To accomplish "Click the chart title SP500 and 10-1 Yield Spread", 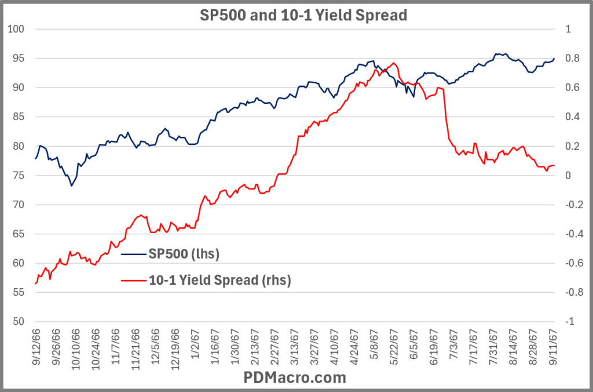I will [296, 14].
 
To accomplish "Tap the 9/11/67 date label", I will [552, 345].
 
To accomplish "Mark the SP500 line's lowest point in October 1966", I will [72, 186].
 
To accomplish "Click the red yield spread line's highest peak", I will [394, 63].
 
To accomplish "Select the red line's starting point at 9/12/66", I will [35, 284].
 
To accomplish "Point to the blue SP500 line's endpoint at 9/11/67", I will [554, 58].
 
